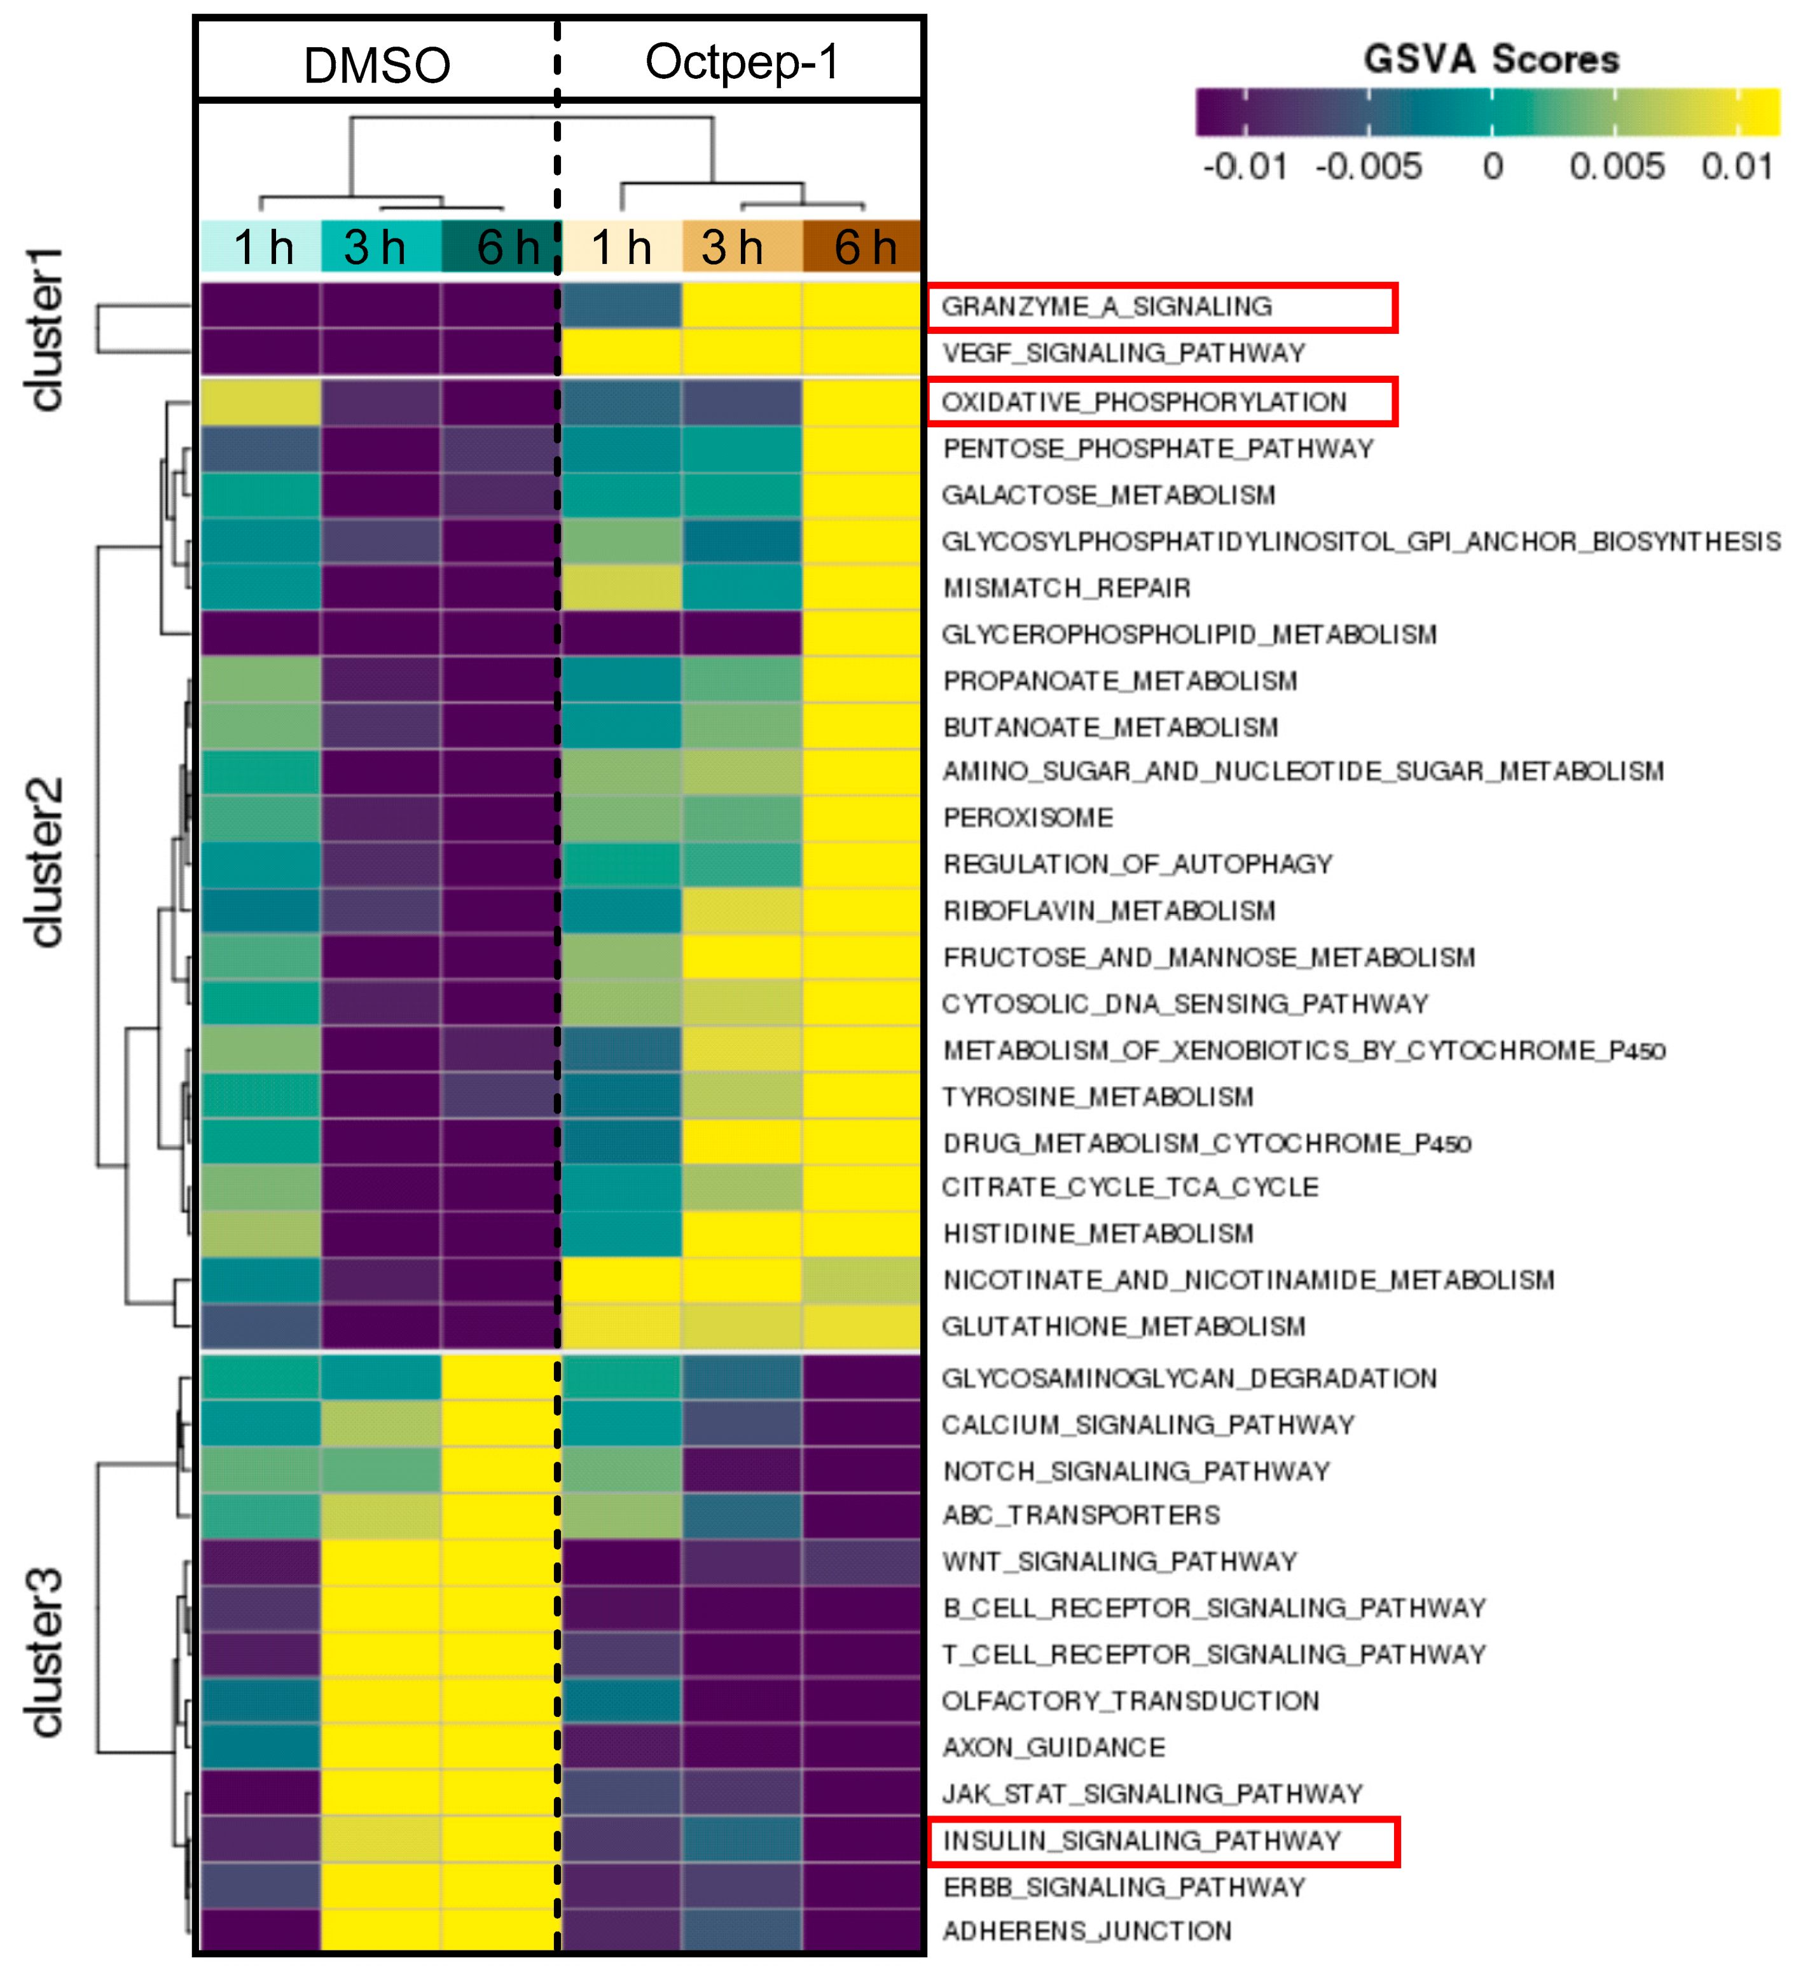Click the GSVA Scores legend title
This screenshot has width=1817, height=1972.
[x=1491, y=59]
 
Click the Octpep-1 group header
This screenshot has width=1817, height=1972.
[x=742, y=62]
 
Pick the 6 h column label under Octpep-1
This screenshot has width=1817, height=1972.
[x=863, y=247]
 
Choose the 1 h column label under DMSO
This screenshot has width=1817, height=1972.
[x=261, y=247]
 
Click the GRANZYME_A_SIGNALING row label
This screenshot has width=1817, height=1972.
[x=1106, y=307]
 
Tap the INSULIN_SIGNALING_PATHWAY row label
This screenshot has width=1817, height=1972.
[x=1142, y=1840]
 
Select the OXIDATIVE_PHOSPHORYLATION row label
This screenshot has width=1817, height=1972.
[x=1143, y=402]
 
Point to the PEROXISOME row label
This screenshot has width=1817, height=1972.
[x=1028, y=818]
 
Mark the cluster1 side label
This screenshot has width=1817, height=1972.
[x=45, y=329]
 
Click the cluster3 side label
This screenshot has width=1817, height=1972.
[x=45, y=1651]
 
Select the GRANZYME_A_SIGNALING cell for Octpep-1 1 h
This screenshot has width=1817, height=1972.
[x=621, y=306]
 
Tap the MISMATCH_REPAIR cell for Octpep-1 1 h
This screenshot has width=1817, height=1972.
[x=621, y=588]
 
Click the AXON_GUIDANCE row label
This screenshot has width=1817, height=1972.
[x=1053, y=1747]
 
